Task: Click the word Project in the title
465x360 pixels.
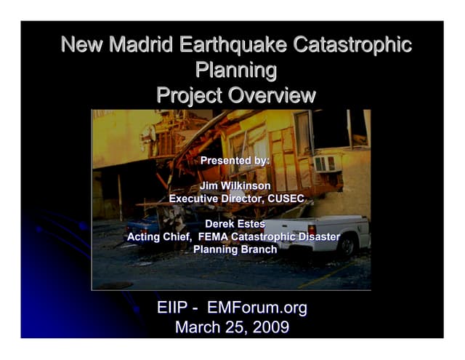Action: tap(187, 95)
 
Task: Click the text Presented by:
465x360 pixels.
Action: tap(235, 160)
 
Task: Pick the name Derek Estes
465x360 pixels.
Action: tap(235, 224)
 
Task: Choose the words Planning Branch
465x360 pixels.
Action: tap(235, 249)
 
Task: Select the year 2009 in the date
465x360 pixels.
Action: tap(268, 328)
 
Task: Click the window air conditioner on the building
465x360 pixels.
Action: tap(326, 164)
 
